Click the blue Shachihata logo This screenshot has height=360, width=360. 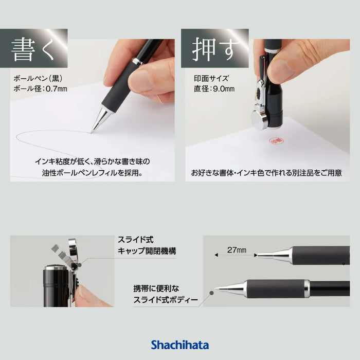180,345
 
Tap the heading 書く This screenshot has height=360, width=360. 32,50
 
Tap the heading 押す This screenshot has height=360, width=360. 213,49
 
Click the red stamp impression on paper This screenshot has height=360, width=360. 276,141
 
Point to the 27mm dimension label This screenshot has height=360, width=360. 237,250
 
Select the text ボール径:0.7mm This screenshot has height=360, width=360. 40,88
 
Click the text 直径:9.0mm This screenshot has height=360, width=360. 214,88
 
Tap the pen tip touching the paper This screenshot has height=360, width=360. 92,132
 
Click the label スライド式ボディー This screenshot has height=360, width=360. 165,300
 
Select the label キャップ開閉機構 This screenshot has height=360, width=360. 147,251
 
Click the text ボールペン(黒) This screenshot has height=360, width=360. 38,79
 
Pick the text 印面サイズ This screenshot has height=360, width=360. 211,79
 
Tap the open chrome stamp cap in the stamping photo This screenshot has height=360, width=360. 259,119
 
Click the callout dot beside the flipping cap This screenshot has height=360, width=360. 79,265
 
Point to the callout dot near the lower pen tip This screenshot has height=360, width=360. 212,293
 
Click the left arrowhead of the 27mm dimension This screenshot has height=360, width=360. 216,255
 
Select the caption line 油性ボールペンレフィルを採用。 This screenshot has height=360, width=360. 92,173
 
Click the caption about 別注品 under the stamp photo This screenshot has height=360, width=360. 266,173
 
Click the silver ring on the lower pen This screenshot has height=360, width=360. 307,289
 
